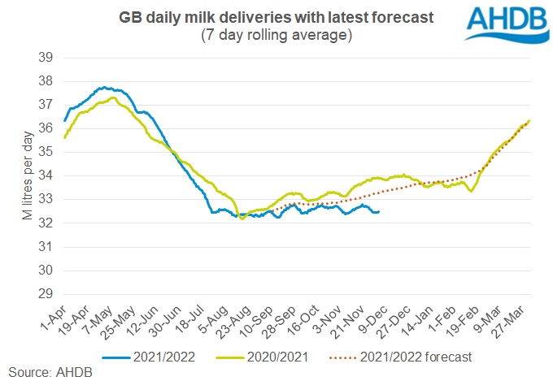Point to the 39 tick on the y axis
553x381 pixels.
(x=46, y=57)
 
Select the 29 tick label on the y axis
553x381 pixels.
(x=46, y=293)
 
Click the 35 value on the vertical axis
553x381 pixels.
(x=46, y=152)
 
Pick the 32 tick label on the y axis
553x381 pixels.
(x=46, y=223)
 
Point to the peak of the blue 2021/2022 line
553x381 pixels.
(x=105, y=87)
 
